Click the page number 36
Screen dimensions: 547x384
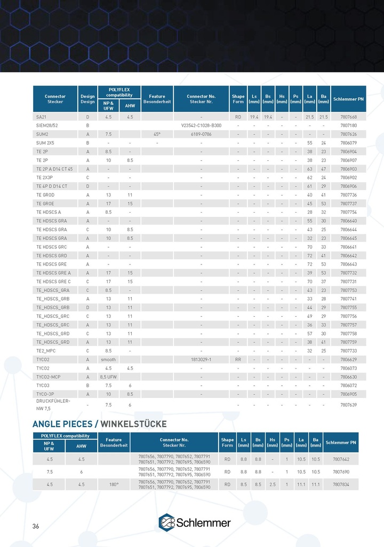point(36,526)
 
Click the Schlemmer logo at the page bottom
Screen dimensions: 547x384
point(195,522)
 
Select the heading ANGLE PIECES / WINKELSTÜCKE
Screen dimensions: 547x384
point(100,424)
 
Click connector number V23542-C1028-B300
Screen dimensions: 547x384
point(201,125)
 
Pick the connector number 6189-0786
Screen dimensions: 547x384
point(201,134)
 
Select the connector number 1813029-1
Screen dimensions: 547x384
point(201,360)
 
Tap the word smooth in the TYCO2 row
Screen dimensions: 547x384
point(108,360)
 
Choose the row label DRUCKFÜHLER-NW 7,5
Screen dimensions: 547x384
point(53,404)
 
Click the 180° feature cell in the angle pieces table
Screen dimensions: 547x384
point(114,485)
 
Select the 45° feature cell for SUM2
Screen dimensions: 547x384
point(157,134)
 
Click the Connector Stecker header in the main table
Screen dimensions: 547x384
point(55,99)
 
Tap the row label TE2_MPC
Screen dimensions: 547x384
point(45,351)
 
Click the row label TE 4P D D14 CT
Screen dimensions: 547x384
point(52,186)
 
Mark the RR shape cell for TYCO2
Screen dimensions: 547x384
point(238,360)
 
